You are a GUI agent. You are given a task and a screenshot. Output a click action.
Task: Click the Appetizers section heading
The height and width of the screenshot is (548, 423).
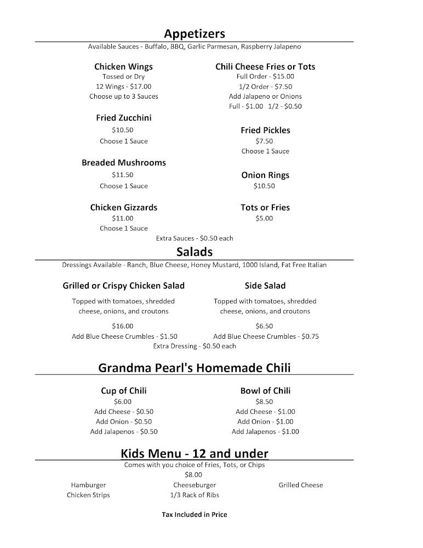point(195,33)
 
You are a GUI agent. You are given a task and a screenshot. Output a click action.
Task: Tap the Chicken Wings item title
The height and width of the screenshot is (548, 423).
point(123,66)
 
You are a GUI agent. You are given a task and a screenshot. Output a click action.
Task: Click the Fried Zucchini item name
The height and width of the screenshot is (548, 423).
point(123,118)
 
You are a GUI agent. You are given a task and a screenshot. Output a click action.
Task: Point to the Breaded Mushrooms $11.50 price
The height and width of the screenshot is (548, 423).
point(123,175)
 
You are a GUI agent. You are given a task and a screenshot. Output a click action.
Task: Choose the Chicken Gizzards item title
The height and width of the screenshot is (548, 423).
point(123,207)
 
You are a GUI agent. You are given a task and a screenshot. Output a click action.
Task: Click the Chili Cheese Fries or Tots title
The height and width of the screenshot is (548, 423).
point(265,66)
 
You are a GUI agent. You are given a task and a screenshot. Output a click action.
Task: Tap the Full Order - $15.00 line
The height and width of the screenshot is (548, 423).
point(265,77)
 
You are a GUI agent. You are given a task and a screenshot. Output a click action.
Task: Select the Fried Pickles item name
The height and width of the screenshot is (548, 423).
point(265,130)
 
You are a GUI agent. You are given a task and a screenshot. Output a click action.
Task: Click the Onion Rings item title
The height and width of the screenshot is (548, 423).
point(265,175)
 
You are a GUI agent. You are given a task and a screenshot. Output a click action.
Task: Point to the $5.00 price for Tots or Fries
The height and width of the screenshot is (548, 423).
point(264,219)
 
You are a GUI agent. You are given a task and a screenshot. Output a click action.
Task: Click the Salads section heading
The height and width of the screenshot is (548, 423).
point(195,252)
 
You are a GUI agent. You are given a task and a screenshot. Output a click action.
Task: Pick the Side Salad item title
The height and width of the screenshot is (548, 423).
point(265,286)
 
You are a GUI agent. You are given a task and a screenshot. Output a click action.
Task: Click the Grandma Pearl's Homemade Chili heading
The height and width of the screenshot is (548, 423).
point(195,367)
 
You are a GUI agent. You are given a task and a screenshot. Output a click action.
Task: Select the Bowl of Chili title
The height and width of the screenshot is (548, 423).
point(265,391)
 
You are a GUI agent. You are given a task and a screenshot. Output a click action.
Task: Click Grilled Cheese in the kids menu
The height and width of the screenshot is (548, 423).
point(301,485)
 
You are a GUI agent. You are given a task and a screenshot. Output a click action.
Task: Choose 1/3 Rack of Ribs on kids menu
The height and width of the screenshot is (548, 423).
point(195,495)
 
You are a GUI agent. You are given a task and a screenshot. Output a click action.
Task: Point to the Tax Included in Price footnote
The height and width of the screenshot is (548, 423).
point(195,515)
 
